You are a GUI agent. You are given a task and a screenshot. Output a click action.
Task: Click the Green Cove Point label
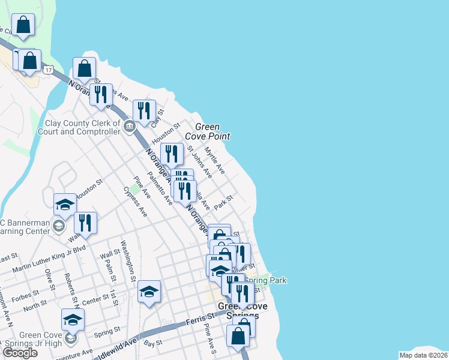(x=212, y=132)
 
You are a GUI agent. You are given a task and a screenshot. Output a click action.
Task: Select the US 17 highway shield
(x=47, y=70)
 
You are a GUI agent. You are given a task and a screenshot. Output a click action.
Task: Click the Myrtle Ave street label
(x=214, y=160)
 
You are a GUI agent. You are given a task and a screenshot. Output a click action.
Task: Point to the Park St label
(x=223, y=202)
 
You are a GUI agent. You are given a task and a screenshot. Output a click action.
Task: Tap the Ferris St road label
(x=202, y=316)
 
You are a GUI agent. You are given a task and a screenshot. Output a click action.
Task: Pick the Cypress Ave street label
(x=135, y=201)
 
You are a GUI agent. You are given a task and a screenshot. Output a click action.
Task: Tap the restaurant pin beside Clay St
(x=144, y=111)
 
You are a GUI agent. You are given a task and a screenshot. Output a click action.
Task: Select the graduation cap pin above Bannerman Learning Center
(x=65, y=205)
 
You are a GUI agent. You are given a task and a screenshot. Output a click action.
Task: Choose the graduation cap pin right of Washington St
(x=149, y=292)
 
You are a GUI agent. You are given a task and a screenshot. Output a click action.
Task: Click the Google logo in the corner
(x=20, y=353)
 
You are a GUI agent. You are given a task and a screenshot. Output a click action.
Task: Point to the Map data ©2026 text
(x=424, y=355)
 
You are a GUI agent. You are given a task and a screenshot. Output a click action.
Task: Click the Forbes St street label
(x=25, y=294)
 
